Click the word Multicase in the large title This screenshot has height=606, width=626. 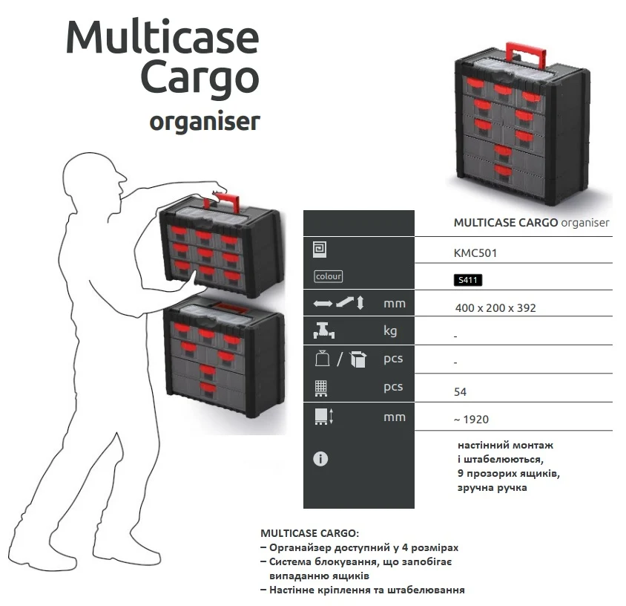(x=162, y=36)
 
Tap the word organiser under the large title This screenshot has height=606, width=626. (x=205, y=121)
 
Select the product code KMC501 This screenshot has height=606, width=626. (x=475, y=253)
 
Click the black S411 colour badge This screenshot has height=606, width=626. (x=468, y=280)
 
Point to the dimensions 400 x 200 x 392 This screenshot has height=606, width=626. (x=495, y=307)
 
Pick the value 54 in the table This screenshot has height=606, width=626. (x=460, y=391)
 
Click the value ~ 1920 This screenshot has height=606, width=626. (x=471, y=420)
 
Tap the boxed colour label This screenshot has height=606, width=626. (x=328, y=276)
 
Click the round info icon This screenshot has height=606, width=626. (x=320, y=458)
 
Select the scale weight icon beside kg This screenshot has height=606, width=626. (x=324, y=330)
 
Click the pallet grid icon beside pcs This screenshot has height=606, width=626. (x=321, y=388)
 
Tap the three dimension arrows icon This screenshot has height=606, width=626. (x=339, y=302)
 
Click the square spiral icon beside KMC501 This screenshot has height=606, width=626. (x=320, y=250)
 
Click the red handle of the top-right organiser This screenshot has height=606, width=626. (x=525, y=54)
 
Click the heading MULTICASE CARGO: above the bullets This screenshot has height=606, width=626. (x=310, y=533)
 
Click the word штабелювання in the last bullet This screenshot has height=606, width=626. (x=426, y=590)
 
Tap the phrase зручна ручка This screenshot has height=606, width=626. (x=492, y=488)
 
